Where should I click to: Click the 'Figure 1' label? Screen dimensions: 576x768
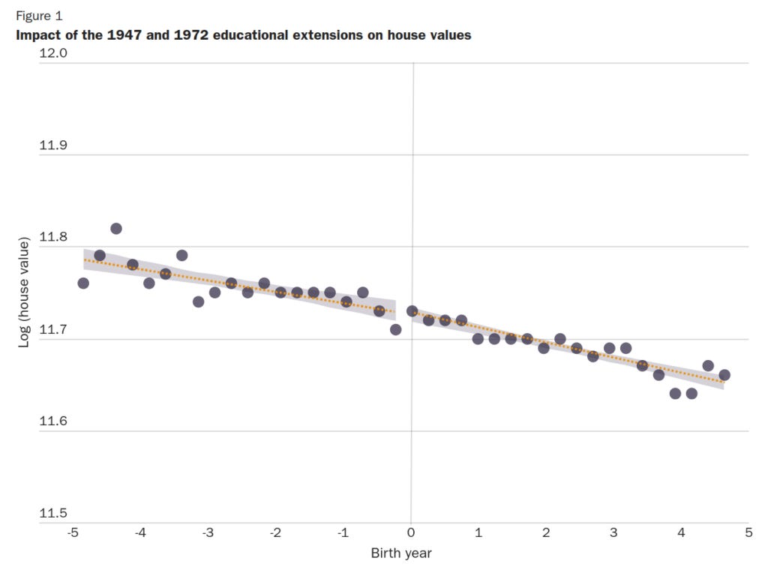pyautogui.click(x=40, y=16)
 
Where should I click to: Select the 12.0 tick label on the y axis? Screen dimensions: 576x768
pyautogui.click(x=53, y=53)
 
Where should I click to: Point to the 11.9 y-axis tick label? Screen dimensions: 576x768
pyautogui.click(x=53, y=145)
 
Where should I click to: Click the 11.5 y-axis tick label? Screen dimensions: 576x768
pyautogui.click(x=53, y=514)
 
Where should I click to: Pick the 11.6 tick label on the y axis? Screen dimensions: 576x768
pyautogui.click(x=53, y=421)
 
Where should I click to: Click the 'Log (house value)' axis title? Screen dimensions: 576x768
pyautogui.click(x=24, y=292)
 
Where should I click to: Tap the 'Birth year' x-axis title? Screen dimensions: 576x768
pyautogui.click(x=401, y=553)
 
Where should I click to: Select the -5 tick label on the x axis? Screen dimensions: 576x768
pyautogui.click(x=73, y=532)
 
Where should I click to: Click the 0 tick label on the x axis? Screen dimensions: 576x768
pyautogui.click(x=411, y=532)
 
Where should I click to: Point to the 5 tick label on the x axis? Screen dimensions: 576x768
pyautogui.click(x=748, y=532)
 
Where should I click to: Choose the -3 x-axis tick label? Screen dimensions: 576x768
pyautogui.click(x=208, y=532)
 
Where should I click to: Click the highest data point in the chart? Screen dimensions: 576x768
pyautogui.click(x=116, y=229)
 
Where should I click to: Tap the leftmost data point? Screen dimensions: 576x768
pyautogui.click(x=83, y=283)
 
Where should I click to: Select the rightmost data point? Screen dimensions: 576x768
pyautogui.click(x=724, y=375)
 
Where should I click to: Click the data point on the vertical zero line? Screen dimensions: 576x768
pyautogui.click(x=412, y=310)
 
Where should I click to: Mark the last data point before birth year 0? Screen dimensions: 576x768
pyautogui.click(x=395, y=329)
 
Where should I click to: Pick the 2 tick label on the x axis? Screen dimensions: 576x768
pyautogui.click(x=546, y=532)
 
